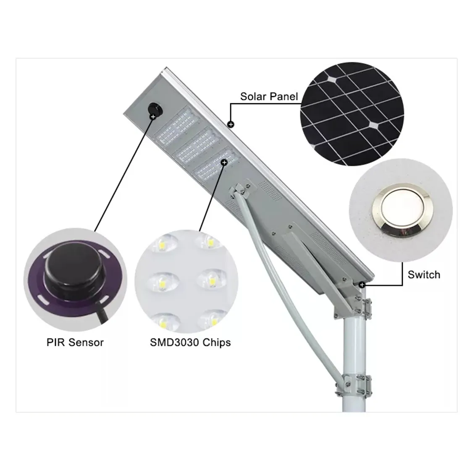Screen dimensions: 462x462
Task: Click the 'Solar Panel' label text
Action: point(269,97)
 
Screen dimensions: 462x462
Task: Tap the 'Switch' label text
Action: point(424,275)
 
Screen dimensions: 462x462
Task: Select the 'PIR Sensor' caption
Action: point(75,342)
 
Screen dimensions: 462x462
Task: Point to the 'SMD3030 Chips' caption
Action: point(190,342)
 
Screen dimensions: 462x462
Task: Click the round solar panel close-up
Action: point(352,114)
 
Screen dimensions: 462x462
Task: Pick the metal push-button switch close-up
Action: point(401,210)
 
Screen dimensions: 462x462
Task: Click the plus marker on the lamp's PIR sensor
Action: point(153,117)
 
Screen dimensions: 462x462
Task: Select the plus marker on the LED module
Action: point(225,163)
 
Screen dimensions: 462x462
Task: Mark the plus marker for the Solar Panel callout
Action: point(231,125)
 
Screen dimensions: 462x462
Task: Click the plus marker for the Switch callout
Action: point(362,285)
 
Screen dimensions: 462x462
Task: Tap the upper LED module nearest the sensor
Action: point(176,127)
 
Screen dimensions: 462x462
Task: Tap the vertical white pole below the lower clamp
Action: point(354,404)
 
